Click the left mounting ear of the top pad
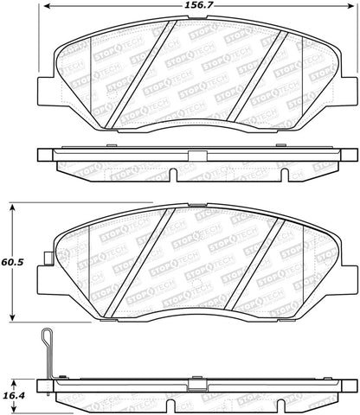(x=44, y=89)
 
